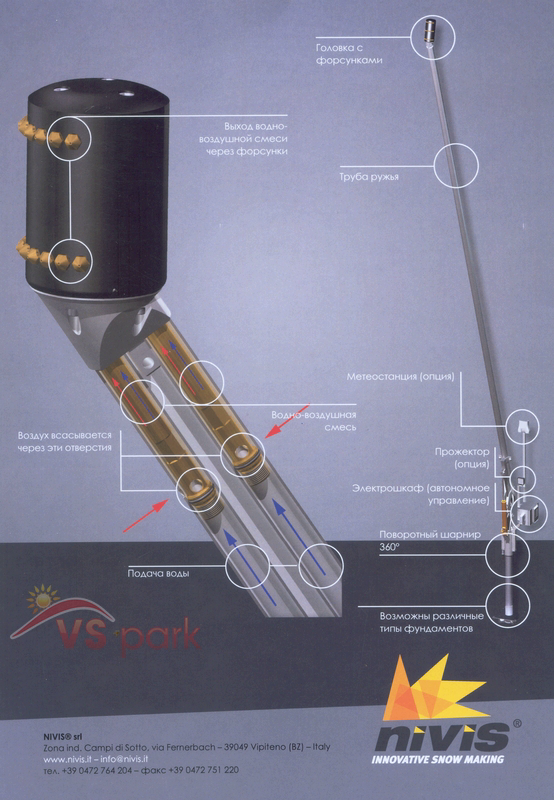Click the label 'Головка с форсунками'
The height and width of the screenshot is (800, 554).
349,54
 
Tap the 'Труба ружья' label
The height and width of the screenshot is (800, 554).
369,177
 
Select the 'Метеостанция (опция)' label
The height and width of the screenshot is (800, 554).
400,377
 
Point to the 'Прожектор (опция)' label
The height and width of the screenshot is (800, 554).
462,458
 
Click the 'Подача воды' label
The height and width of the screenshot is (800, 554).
158,573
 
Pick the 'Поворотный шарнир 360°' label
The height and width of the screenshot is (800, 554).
430,541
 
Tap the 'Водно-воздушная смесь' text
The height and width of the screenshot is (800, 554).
314,421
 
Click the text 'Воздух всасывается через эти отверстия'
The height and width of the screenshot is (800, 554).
64,442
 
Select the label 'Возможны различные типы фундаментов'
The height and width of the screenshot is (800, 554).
432,622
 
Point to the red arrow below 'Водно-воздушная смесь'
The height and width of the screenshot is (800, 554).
288,421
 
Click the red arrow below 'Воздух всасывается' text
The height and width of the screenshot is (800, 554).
146,516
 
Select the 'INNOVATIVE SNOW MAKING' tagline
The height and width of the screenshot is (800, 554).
438,759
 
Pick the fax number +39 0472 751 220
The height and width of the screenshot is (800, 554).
203,770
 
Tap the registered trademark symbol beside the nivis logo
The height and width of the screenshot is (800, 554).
516,723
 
